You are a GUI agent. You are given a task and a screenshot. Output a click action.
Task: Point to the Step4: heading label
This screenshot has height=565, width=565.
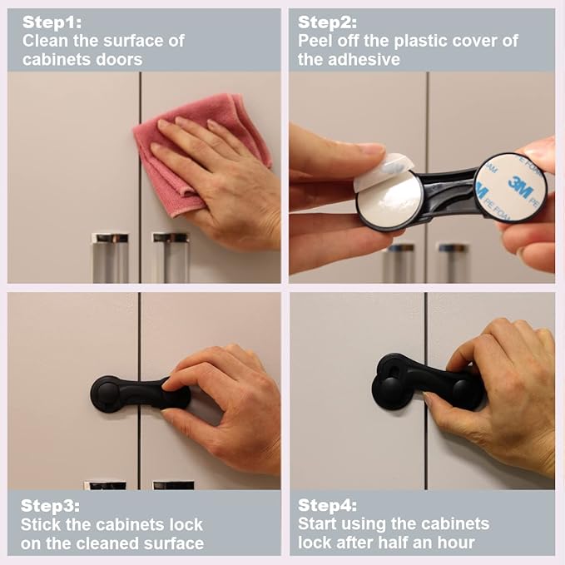(327, 505)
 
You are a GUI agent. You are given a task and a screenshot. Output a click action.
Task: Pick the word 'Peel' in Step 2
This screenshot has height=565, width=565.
(315, 41)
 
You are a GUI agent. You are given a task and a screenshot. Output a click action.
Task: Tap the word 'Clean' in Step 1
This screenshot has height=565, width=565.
(44, 41)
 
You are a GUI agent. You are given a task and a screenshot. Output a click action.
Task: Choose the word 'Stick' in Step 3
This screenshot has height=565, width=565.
(41, 524)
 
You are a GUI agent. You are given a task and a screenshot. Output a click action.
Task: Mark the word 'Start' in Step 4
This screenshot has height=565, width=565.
(320, 524)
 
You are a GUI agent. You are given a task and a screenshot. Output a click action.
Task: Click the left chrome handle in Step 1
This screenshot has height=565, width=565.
(110, 257)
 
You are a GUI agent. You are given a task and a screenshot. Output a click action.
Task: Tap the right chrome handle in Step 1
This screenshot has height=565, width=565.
(170, 257)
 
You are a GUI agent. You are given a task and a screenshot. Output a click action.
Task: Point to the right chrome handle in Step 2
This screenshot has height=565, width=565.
(453, 262)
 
